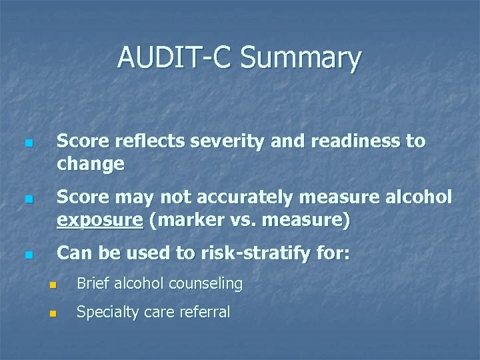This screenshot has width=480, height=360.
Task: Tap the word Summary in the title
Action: tap(301, 59)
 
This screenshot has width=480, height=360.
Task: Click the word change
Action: tap(91, 164)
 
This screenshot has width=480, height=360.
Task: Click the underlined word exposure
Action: tap(100, 221)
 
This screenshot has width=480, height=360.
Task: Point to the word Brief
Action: tap(93, 283)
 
